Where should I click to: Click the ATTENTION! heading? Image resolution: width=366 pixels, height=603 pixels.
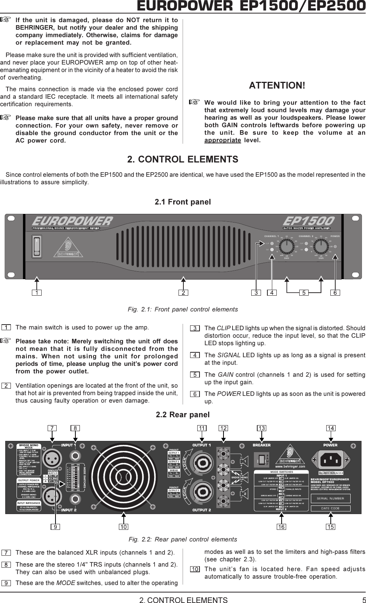[277, 85]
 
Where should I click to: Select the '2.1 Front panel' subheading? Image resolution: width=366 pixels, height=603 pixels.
[183, 202]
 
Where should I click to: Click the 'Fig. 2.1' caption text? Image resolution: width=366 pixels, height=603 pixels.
[183, 310]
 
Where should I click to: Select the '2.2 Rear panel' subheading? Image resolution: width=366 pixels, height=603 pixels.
[183, 415]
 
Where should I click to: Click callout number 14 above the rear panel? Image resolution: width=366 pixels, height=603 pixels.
[331, 428]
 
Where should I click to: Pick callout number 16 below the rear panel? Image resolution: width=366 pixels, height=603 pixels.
[281, 527]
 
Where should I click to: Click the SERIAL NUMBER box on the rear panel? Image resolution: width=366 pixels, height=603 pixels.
[330, 498]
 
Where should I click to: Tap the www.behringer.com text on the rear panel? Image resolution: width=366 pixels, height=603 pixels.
[290, 466]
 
